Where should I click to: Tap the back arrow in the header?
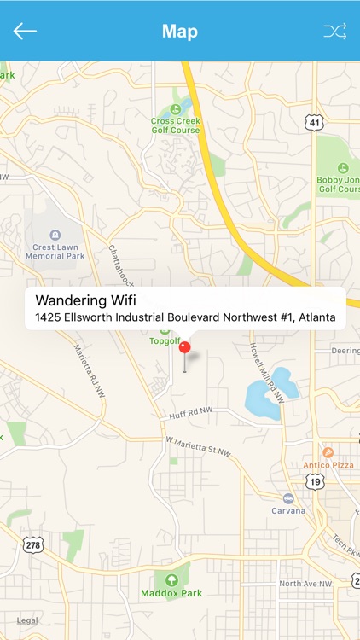coord(25,32)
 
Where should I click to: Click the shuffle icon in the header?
coord(334,32)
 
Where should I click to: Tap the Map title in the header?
coord(180,32)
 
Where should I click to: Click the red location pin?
coord(184,348)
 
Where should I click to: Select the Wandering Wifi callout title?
coord(85,300)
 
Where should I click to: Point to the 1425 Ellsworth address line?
coord(185,317)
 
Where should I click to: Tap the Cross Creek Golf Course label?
coord(176,125)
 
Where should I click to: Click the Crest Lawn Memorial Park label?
coord(55,250)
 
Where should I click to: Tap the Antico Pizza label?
coord(328,465)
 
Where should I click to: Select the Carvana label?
coord(289,510)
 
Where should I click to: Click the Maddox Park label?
coord(172,592)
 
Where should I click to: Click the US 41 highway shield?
coord(316,124)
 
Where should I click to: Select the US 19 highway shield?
coord(316,482)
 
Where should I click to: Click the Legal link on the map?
coord(27,620)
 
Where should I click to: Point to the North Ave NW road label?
coord(304,585)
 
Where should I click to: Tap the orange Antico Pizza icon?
coord(328,451)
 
